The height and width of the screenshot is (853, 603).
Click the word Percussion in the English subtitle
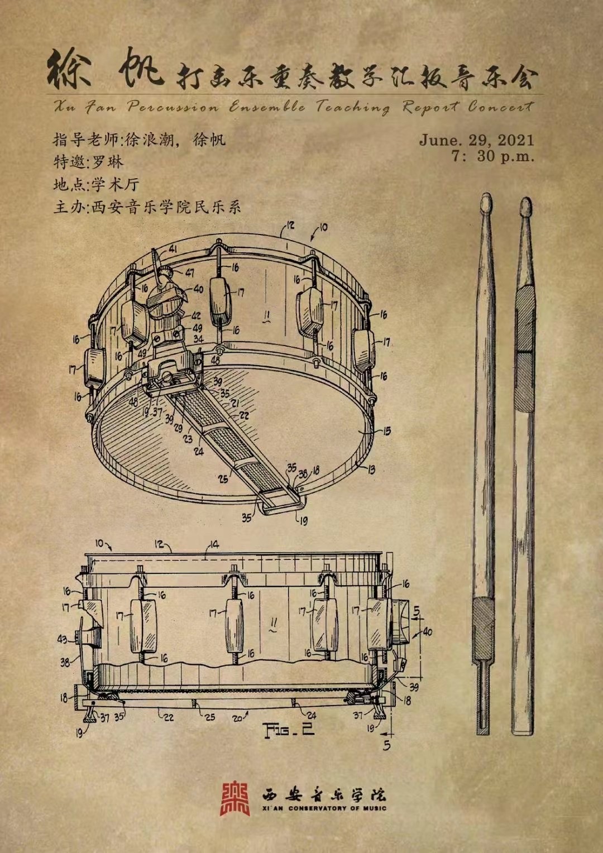click(173, 107)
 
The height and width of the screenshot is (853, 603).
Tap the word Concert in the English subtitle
click(500, 106)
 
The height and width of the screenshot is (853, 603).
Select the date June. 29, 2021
click(476, 140)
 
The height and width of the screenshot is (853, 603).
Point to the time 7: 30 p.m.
click(493, 156)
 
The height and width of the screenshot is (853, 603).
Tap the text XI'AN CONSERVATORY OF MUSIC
click(324, 808)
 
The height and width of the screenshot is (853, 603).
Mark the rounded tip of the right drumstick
click(525, 207)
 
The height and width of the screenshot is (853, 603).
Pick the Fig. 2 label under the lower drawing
click(289, 729)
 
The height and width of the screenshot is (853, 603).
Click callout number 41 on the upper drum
click(173, 249)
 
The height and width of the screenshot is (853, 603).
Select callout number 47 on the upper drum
click(190, 272)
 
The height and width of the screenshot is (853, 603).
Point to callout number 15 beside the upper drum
click(386, 431)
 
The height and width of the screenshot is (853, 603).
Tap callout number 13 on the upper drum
click(371, 469)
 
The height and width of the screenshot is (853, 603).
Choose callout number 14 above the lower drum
click(214, 544)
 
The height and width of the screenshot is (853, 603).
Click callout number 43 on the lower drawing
click(63, 639)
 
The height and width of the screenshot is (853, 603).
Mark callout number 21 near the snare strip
click(235, 403)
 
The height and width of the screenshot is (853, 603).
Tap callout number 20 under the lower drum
click(237, 718)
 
